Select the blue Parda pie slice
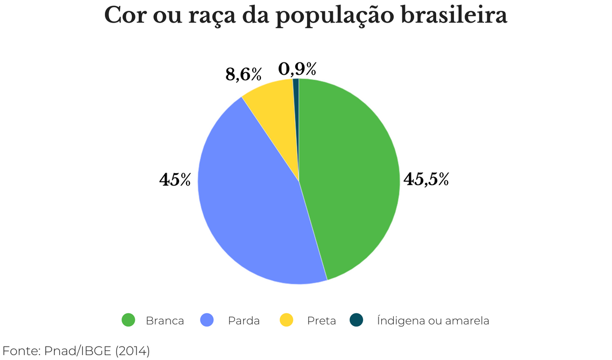pos(247,204)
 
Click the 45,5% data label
pos(426,180)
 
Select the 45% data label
pos(175,180)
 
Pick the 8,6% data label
pos(243,74)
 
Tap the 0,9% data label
pos(297,69)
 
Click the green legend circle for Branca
pos(129,320)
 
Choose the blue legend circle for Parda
pos(207,320)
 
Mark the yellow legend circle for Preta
pos(287,320)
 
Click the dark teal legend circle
pos(356,320)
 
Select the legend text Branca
pos(165,321)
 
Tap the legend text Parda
pos(244,321)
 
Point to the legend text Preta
pos(321,321)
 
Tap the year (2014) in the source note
pos(132,351)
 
